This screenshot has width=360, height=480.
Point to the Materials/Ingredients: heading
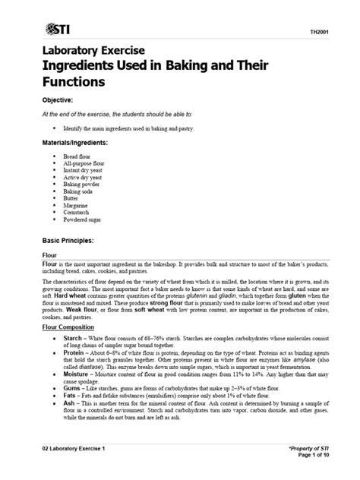[x=74, y=142]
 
